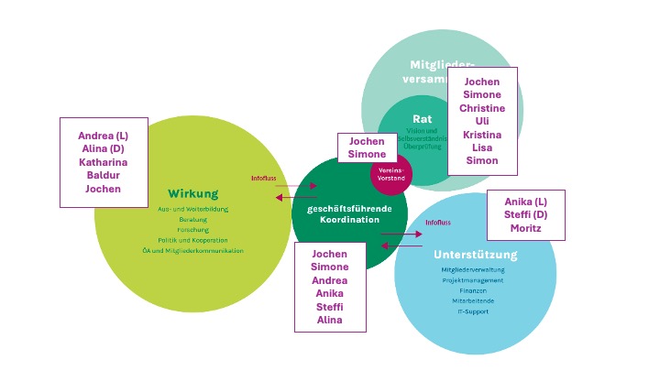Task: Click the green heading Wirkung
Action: (192, 193)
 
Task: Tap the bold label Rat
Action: (422, 119)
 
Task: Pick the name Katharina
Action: (103, 162)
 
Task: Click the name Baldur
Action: (103, 175)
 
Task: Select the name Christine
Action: (482, 107)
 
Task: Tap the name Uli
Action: (482, 121)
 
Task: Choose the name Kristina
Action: (482, 134)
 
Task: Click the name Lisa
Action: (482, 147)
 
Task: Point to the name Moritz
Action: (525, 227)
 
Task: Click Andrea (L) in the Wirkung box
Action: (103, 136)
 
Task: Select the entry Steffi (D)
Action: (525, 214)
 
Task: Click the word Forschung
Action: (192, 229)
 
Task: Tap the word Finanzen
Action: (473, 290)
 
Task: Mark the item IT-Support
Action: (473, 311)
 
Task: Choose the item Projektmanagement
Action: (473, 280)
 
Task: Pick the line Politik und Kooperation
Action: (192, 239)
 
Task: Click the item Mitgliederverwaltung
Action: (473, 270)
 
